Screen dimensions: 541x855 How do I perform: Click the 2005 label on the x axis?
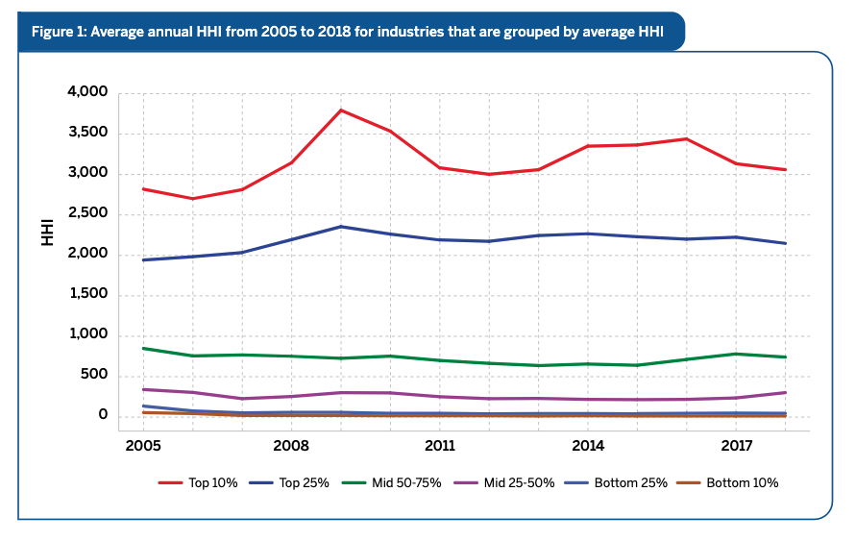pyautogui.click(x=142, y=446)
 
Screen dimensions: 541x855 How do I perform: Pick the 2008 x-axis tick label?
pyautogui.click(x=291, y=446)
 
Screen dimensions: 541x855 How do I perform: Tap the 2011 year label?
pyautogui.click(x=440, y=446)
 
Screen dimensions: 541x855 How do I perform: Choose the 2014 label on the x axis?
pyautogui.click(x=588, y=446)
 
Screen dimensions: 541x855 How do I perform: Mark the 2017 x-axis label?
pyautogui.click(x=737, y=446)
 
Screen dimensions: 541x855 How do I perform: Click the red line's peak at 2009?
pyautogui.click(x=341, y=111)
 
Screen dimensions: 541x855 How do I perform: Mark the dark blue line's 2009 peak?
pyautogui.click(x=341, y=227)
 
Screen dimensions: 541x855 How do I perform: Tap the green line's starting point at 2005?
pyautogui.click(x=143, y=348)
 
